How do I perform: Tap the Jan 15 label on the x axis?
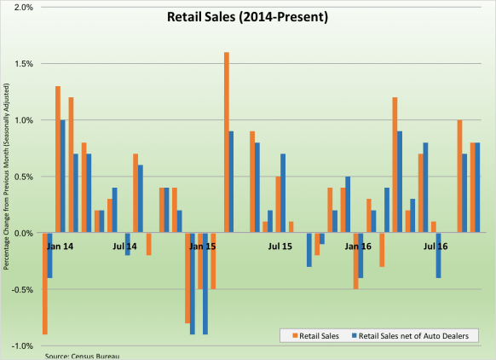202,246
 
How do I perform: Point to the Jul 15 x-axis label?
280,246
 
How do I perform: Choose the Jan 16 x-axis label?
358,246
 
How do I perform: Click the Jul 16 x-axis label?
436,246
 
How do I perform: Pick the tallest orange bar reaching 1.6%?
227,142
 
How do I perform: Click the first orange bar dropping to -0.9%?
45,283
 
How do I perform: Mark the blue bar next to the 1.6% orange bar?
233,182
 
